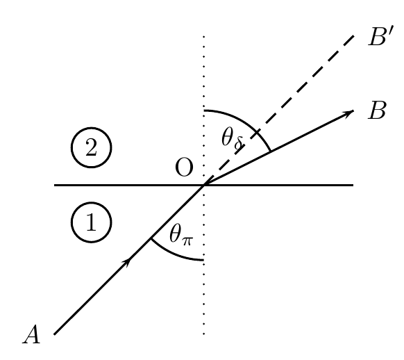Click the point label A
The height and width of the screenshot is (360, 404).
[31, 334]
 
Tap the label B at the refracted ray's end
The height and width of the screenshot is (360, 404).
[377, 110]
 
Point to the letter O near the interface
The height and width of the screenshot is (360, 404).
[184, 167]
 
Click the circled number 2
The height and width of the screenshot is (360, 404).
[91, 147]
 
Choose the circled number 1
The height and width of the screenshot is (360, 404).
[91, 222]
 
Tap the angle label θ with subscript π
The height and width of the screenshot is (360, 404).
[181, 235]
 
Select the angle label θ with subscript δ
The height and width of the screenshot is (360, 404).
[233, 139]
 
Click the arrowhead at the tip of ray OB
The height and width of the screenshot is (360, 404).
[350, 113]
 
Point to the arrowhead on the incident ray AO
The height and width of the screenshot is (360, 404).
[127, 262]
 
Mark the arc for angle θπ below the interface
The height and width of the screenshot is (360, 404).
[174, 254]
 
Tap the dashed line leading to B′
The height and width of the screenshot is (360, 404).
[279, 110]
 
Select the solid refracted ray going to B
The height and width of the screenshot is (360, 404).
[279, 148]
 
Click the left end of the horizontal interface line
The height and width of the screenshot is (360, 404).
[54, 185]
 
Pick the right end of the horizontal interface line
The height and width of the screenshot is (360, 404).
[353, 185]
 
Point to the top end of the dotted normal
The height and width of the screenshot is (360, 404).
[204, 36]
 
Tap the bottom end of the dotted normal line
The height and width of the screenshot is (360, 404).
[204, 334]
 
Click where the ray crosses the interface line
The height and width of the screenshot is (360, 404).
[204, 185]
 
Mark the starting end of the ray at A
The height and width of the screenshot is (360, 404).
[54, 334]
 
